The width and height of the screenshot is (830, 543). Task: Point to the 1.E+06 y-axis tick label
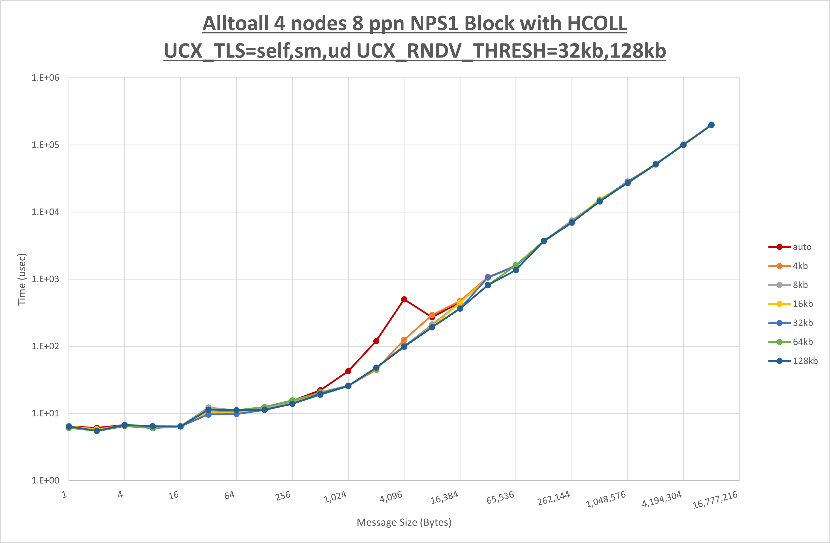pyautogui.click(x=45, y=78)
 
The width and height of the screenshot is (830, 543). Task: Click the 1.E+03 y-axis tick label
pyautogui.click(x=45, y=279)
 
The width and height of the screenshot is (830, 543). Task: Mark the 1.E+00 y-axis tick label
pyautogui.click(x=45, y=481)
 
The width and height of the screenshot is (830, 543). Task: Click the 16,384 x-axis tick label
pyautogui.click(x=444, y=498)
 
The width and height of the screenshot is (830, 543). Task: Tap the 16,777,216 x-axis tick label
pyautogui.click(x=715, y=500)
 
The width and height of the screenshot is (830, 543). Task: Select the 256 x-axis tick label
pyautogui.click(x=283, y=496)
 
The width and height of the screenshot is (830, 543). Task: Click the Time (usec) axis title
pyautogui.click(x=22, y=279)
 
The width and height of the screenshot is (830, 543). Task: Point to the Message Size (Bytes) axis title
pyautogui.click(x=404, y=522)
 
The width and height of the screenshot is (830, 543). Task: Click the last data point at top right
pyautogui.click(x=711, y=125)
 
